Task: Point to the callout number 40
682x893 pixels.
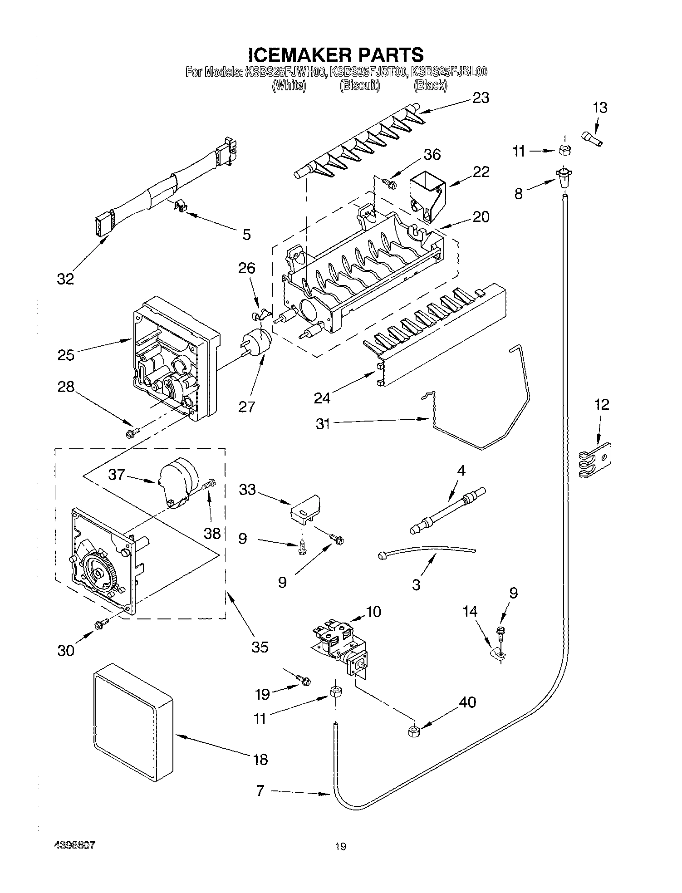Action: (467, 702)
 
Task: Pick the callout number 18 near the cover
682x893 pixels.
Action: (260, 759)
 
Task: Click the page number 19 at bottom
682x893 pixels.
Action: (340, 846)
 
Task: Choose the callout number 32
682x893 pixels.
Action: (65, 279)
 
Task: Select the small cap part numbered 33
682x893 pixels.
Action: (304, 509)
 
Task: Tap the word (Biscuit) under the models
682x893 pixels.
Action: (360, 85)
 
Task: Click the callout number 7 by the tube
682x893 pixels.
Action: (260, 791)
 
